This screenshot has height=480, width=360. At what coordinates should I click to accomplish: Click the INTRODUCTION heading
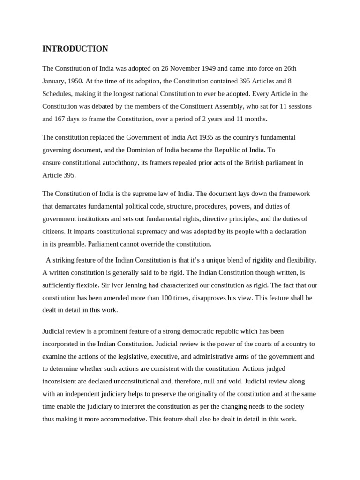tap(75, 49)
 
